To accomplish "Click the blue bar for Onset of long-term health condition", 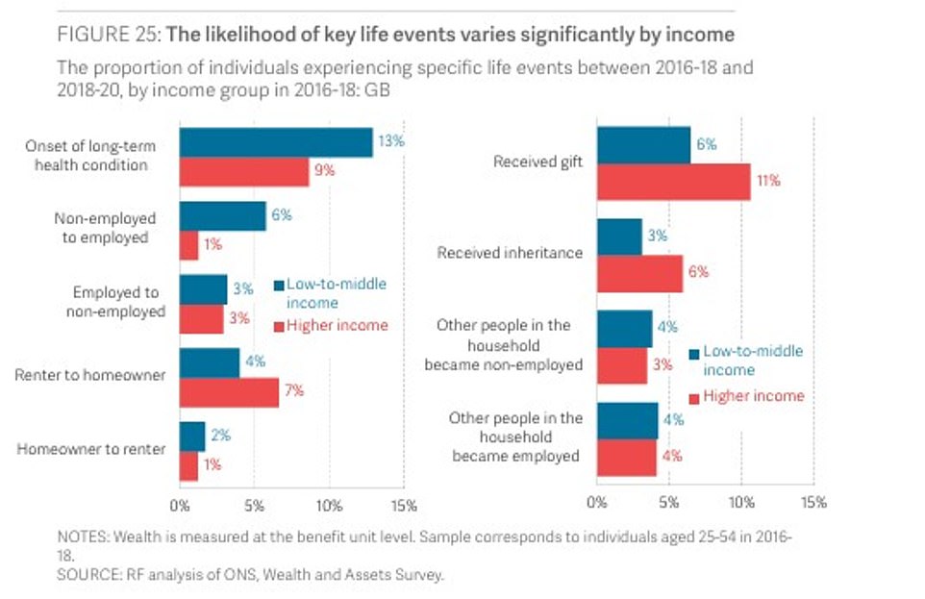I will coord(276,142).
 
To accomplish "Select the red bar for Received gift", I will coord(673,181).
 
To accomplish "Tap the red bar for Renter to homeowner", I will coord(229,392).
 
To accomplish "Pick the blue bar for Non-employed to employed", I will coord(223,216).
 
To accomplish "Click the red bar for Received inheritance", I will coord(639,273).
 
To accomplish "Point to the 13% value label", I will coord(390,141).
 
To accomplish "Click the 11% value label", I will coord(768,181).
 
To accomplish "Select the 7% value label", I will coord(294,391).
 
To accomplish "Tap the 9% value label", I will coord(353,171).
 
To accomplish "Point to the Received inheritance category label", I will coord(510,254).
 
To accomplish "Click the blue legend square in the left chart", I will coord(279,285).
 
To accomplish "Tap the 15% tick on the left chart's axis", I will coord(404,505).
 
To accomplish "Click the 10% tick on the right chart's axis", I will coord(740,502).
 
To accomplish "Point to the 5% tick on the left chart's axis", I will coord(255,505).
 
